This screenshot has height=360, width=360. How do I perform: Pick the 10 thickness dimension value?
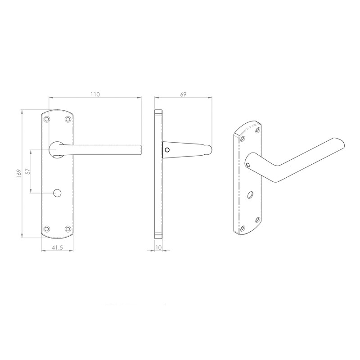pyautogui.click(x=158, y=247)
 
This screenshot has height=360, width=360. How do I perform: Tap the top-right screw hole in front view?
pyautogui.click(x=68, y=119)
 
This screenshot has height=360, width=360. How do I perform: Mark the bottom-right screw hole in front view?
pyautogui.click(x=68, y=228)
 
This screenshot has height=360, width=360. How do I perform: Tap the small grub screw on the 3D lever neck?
pyautogui.click(x=248, y=166)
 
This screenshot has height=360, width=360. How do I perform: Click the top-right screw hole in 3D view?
pyautogui.click(x=257, y=130)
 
